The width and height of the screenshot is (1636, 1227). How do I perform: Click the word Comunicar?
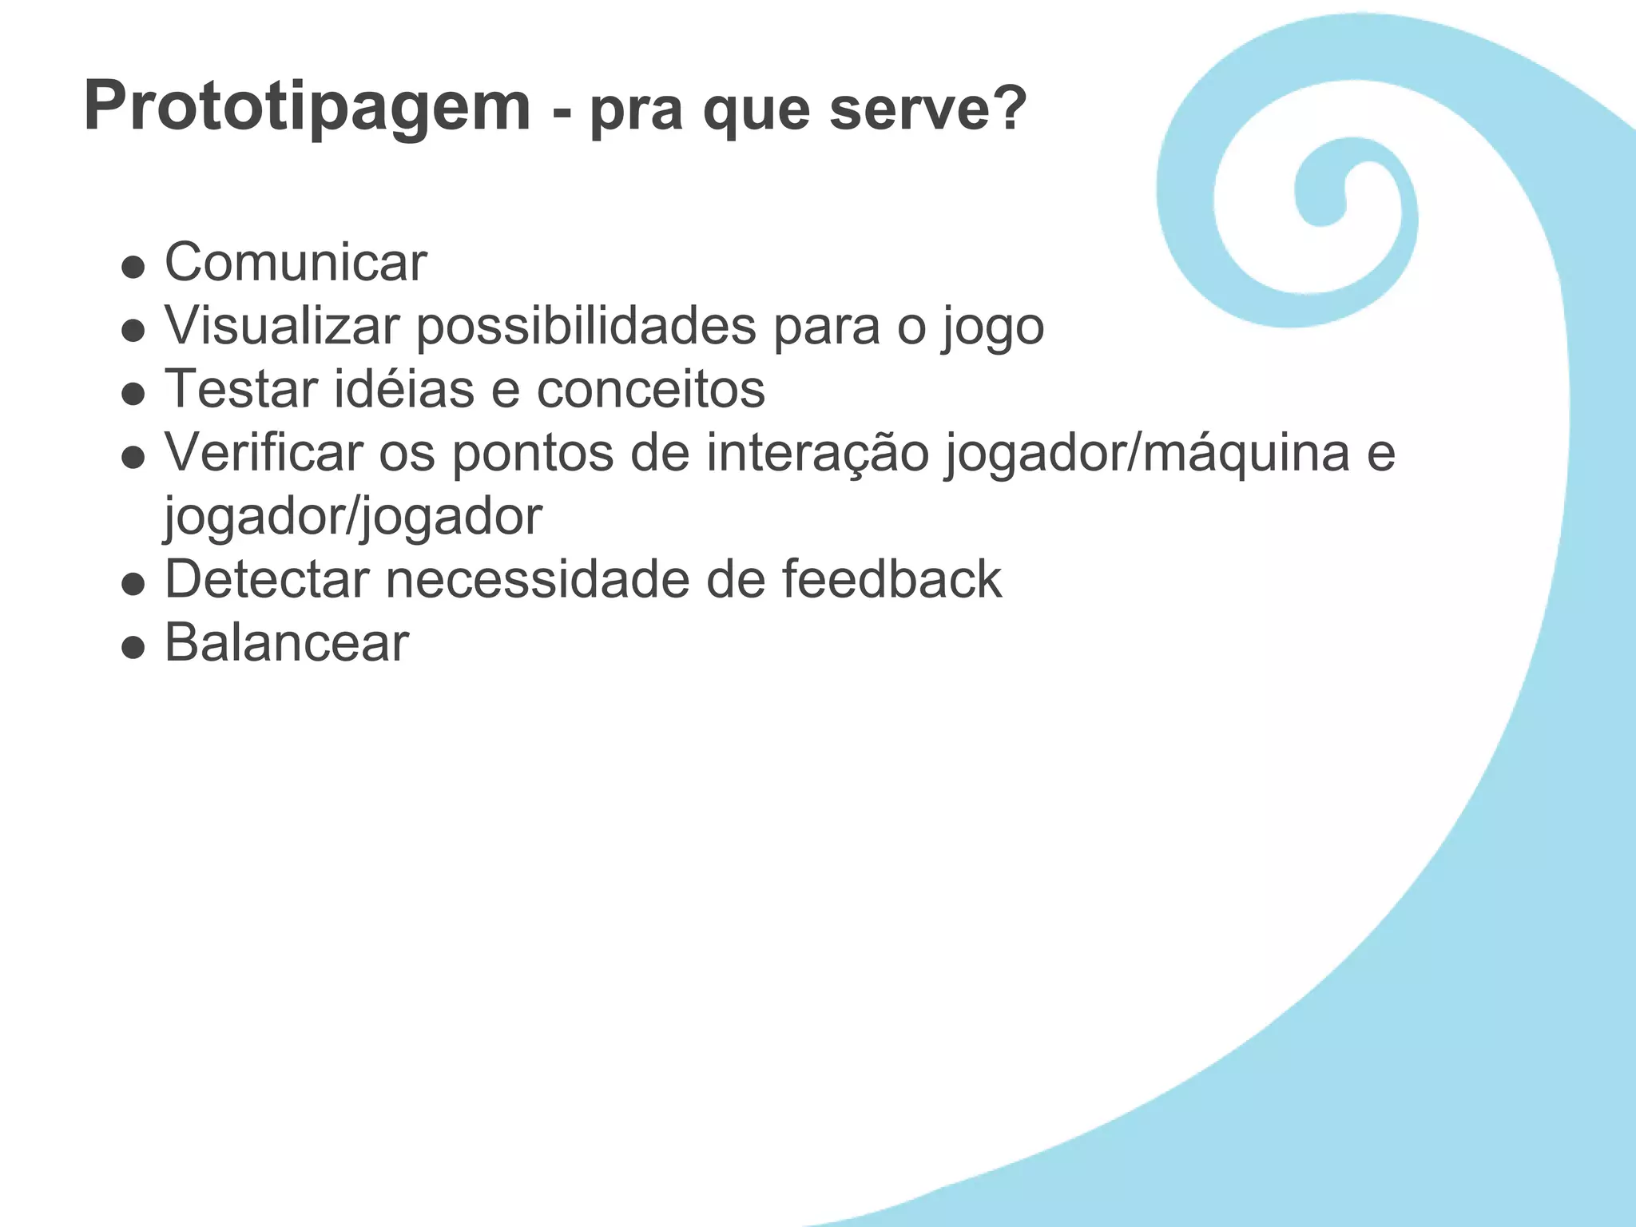tap(296, 262)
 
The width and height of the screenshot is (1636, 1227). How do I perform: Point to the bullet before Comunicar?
tap(133, 266)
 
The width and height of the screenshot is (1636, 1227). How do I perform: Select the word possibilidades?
tap(586, 326)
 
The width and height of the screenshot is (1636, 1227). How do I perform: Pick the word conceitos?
tap(650, 389)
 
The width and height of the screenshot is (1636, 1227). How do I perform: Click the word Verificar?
tap(264, 452)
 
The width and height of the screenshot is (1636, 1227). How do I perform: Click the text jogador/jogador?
tap(353, 517)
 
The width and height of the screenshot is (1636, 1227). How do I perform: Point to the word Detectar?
tap(267, 579)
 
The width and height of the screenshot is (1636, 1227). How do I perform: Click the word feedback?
tap(891, 579)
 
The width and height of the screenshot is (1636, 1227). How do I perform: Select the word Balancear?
tap(287, 642)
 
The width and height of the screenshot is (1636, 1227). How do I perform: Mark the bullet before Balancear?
tap(133, 646)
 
